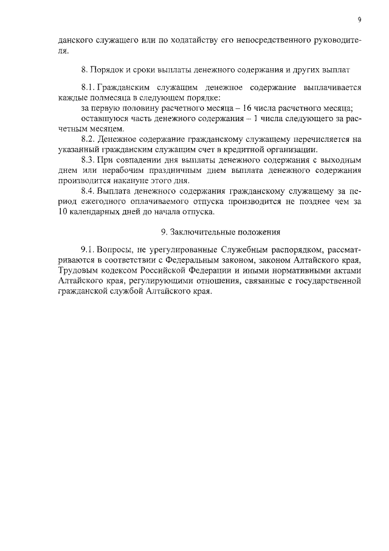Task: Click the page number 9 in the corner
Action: pos(360,20)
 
